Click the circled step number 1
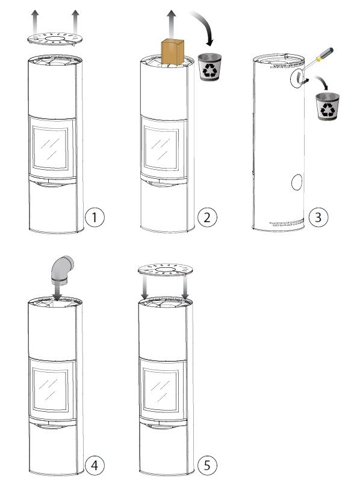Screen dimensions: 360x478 [95, 217]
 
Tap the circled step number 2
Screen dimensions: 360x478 [207, 217]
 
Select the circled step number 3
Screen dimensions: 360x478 [318, 217]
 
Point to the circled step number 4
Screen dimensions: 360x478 [95, 465]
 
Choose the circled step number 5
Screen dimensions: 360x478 [207, 465]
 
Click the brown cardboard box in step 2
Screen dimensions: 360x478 [173, 52]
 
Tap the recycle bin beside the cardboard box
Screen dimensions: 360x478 [210, 67]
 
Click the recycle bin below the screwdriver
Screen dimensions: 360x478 [327, 107]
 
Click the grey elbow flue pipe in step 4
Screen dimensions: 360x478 [62, 271]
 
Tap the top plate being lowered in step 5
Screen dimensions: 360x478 [165, 270]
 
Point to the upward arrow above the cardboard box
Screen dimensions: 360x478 [172, 25]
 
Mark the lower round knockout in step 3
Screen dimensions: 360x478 [297, 182]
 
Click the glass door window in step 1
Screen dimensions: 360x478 [51, 148]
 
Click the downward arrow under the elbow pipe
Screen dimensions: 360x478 [57, 293]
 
